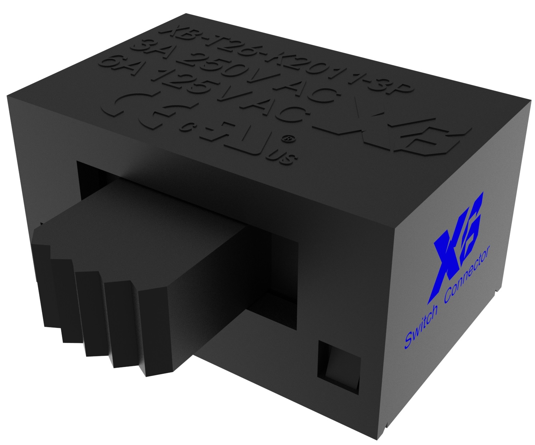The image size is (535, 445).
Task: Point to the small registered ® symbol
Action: (x=291, y=138)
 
